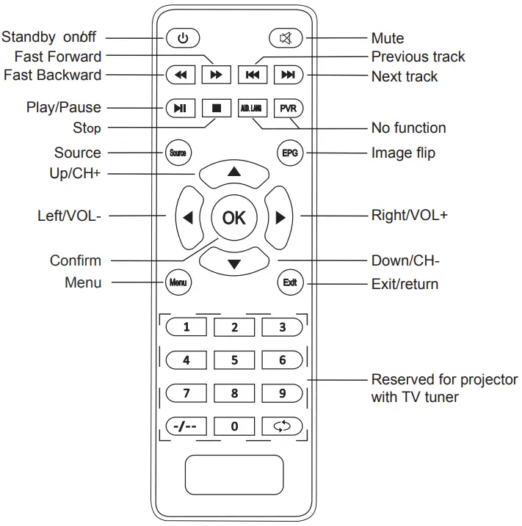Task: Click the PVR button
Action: tap(287, 108)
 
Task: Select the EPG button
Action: tap(289, 153)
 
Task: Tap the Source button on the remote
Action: tap(178, 153)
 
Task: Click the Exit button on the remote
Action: tap(289, 282)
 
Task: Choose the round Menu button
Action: tap(178, 282)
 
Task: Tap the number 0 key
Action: tap(234, 426)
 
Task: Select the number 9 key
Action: tap(283, 393)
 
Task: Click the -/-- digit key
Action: tap(186, 426)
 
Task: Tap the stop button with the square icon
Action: tap(217, 108)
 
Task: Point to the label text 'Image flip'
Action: tap(403, 153)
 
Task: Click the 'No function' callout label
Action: tap(408, 128)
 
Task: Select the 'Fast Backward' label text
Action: tap(53, 75)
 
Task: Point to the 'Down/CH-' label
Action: tap(405, 261)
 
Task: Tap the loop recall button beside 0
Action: tap(283, 426)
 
